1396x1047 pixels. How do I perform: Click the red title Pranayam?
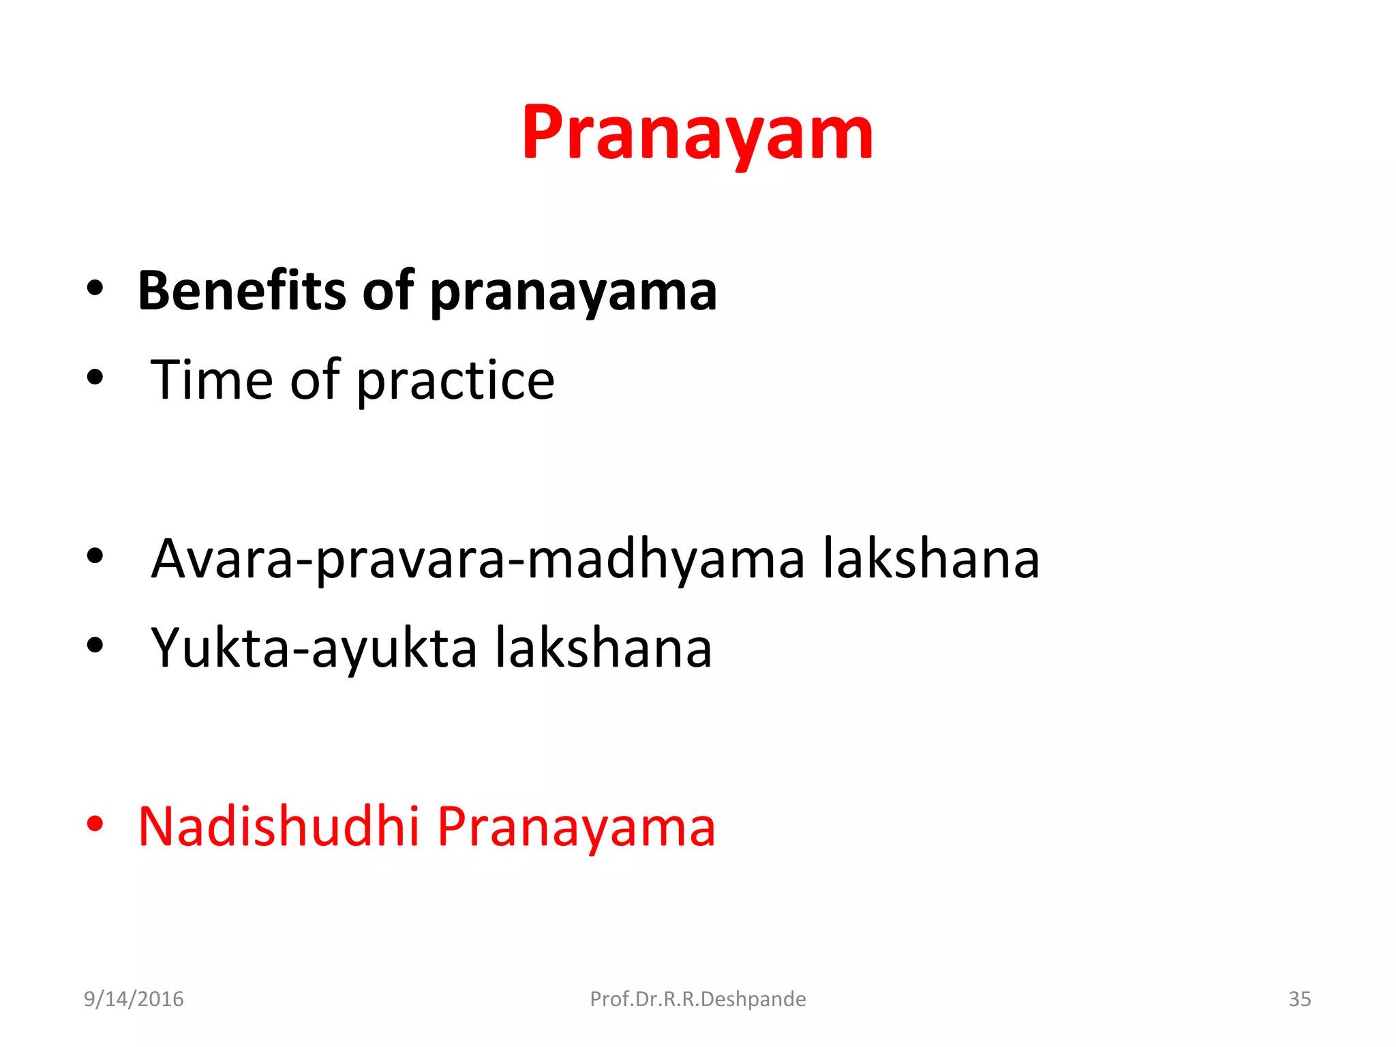(697, 134)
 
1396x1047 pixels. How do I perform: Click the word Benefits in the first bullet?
(241, 291)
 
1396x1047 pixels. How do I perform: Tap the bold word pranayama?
(573, 293)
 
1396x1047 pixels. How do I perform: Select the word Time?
(211, 380)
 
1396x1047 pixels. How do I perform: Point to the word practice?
(455, 382)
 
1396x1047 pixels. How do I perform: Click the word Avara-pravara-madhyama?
(477, 559)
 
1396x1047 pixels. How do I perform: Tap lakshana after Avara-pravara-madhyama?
(931, 559)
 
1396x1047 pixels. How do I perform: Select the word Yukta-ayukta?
(314, 648)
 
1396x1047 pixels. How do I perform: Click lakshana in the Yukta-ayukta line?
(603, 648)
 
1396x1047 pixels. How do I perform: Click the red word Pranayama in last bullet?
(576, 828)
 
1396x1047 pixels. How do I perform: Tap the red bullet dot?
(95, 824)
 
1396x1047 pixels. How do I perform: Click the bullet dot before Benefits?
(95, 288)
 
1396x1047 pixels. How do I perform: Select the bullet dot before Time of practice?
(95, 377)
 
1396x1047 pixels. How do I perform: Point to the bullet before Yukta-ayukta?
(95, 645)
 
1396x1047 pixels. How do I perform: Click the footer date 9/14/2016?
(134, 999)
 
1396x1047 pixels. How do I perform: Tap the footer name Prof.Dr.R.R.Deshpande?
(697, 999)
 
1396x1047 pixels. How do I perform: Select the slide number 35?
(1299, 999)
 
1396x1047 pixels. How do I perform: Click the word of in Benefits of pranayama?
(387, 291)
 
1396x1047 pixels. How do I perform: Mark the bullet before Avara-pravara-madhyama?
(95, 556)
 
